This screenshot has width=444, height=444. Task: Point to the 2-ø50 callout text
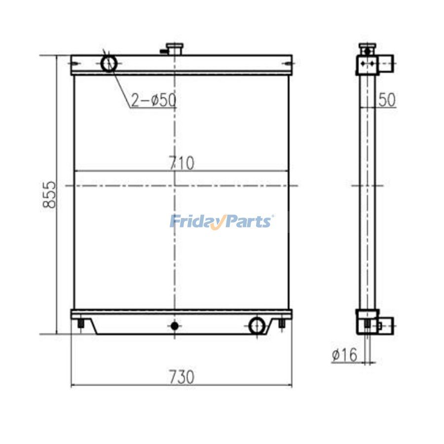153,100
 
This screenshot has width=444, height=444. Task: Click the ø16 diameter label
344,354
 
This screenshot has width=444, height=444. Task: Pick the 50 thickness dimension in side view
387,100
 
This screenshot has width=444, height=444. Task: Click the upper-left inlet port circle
110,63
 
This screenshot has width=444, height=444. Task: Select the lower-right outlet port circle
257,326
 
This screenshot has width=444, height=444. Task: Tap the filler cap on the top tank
174,48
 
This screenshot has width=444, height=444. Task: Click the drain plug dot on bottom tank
174,326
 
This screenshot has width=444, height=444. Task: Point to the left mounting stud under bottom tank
80,324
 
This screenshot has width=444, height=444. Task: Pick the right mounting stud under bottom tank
282,324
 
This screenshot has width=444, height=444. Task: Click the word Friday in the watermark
195,221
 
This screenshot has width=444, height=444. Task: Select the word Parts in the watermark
249,221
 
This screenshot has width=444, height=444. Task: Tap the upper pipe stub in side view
387,63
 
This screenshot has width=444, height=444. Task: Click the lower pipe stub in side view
387,325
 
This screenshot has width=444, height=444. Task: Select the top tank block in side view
367,65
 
